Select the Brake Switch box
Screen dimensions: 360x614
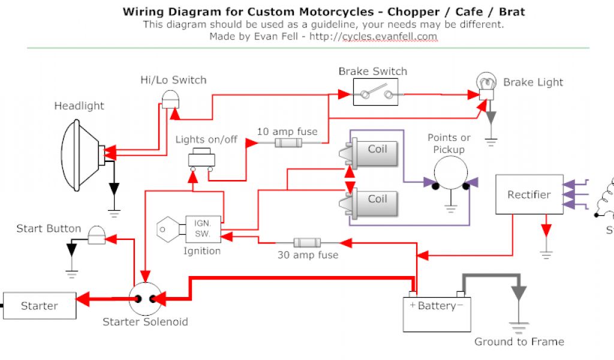(x=375, y=93)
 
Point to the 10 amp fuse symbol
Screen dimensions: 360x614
(x=288, y=143)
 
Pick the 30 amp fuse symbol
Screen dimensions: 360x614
(x=307, y=242)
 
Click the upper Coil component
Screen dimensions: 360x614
(x=374, y=152)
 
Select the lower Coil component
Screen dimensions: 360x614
(x=374, y=202)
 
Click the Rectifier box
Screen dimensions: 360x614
(x=529, y=194)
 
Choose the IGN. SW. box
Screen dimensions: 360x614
(x=203, y=229)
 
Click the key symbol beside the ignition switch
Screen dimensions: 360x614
(x=168, y=229)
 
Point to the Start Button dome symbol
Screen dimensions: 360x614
(x=96, y=235)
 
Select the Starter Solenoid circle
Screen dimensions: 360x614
(x=145, y=298)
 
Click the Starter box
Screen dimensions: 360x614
(x=40, y=306)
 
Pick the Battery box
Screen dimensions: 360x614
(x=437, y=312)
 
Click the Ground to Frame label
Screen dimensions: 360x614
(x=519, y=342)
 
